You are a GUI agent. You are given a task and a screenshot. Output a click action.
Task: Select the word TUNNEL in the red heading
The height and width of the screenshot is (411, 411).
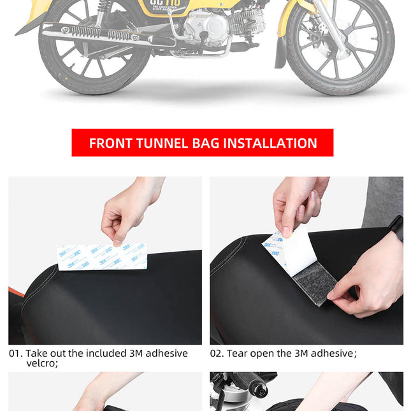click(162, 143)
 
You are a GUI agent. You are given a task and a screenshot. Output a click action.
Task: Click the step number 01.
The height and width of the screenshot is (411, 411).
click(15, 353)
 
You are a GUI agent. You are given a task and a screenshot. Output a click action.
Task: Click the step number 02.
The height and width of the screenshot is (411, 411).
click(217, 353)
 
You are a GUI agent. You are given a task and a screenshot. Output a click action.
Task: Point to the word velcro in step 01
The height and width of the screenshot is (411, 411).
click(41, 363)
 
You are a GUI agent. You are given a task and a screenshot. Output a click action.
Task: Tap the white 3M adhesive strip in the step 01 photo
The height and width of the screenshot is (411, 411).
click(101, 256)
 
